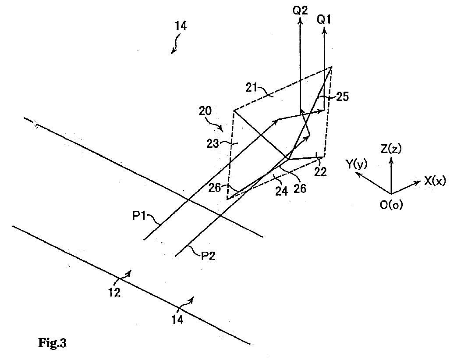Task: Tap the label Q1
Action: [x=325, y=20]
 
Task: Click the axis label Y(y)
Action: [x=357, y=164]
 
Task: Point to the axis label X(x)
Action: [x=434, y=181]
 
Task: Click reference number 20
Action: [x=207, y=112]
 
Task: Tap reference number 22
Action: [x=321, y=172]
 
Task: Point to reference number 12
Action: [x=114, y=292]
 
